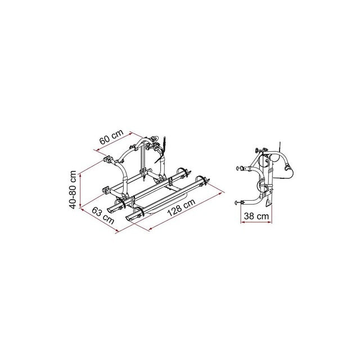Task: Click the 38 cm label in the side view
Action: point(255,215)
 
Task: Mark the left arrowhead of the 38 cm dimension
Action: point(242,222)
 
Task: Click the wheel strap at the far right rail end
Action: point(204,182)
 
